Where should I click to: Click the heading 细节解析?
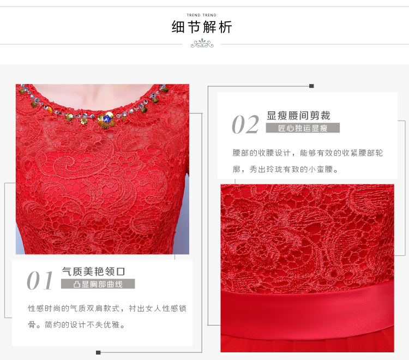202,27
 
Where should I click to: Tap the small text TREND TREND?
201,15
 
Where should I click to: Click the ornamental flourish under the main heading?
202,44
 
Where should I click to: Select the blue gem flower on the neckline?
107,119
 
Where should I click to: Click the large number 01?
40,281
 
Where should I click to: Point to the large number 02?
245,124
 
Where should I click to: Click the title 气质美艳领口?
93,272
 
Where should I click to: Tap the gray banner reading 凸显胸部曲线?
98,284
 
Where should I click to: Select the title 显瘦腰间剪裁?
298,116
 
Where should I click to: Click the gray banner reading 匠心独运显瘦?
303,128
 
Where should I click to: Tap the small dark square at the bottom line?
98,353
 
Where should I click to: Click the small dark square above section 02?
311,86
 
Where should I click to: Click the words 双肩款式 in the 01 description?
103,308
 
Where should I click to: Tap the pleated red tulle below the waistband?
307,343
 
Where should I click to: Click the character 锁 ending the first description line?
183,308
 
